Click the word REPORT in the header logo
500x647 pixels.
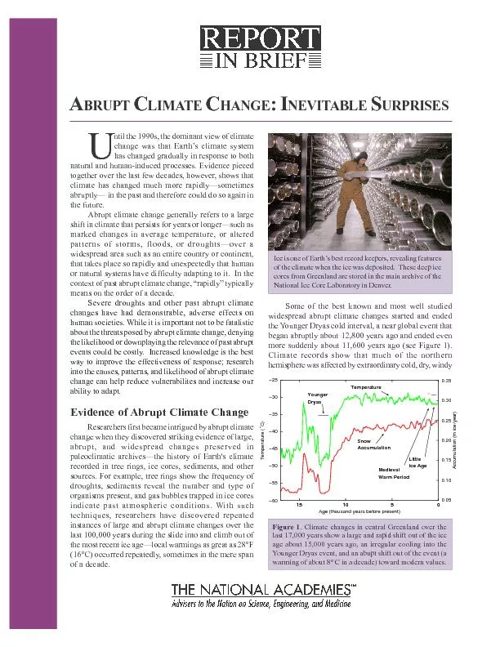pos(260,39)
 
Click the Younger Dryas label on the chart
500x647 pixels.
pos(318,398)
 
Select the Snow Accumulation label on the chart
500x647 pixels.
pos(374,444)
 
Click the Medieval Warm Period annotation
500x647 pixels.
pos(394,473)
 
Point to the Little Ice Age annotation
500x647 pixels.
pos(417,462)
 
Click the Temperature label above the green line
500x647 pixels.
pos(365,386)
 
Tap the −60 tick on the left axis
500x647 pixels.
pos(272,500)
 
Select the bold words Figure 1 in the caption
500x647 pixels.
pos(289,528)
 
